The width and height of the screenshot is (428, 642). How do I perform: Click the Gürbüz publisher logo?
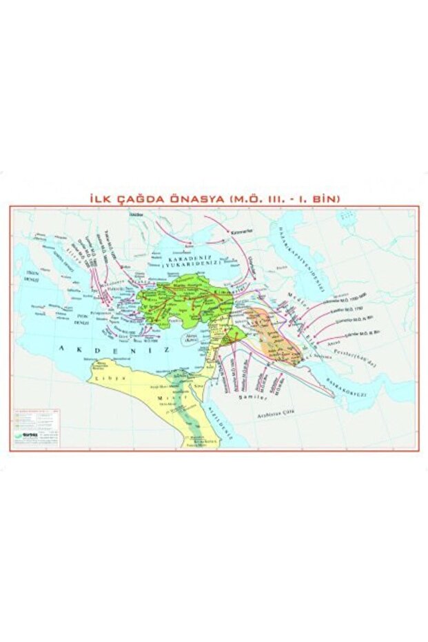click(26, 435)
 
